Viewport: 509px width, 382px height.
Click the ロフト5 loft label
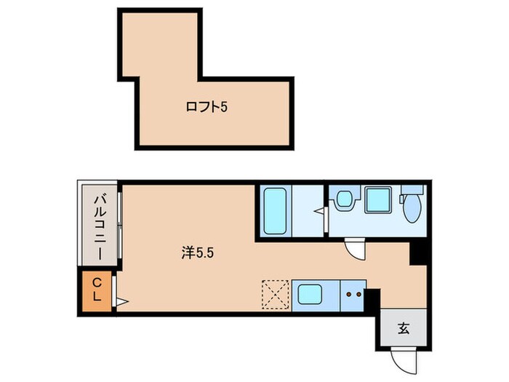[x=207, y=107]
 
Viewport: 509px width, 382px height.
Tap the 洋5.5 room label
[x=198, y=252]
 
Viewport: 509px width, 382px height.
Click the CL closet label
[x=97, y=290]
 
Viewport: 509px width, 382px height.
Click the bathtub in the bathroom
[x=275, y=211]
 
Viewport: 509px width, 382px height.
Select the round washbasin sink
[x=344, y=199]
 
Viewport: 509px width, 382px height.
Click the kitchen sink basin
[x=310, y=294]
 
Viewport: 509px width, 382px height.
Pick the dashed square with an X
[x=276, y=294]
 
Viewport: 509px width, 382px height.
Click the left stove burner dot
[x=349, y=295]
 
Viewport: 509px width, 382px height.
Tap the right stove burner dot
[x=358, y=295]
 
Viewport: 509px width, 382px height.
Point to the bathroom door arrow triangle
[x=319, y=212]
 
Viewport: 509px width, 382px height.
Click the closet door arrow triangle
[x=122, y=302]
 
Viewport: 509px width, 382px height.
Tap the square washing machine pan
[x=378, y=199]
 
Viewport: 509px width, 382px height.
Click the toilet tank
[x=412, y=189]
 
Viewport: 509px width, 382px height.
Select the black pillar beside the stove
[x=372, y=301]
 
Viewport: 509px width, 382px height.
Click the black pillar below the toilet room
[x=417, y=253]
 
